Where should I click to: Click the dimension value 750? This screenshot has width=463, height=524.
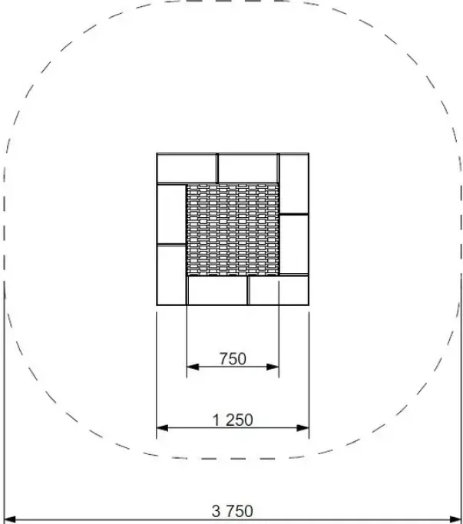click(x=233, y=358)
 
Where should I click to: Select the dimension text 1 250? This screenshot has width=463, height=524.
click(x=233, y=420)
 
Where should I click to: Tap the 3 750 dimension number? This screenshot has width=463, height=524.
click(x=233, y=511)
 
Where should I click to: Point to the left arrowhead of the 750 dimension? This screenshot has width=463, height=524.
click(x=193, y=367)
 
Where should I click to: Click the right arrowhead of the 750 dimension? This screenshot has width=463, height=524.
click(x=273, y=367)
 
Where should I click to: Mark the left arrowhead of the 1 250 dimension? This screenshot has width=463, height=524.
click(x=163, y=428)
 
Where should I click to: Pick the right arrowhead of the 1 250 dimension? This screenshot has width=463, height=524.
click(x=303, y=428)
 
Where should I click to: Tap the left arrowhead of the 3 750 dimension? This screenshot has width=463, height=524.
click(x=10, y=519)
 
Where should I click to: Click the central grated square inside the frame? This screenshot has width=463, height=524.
click(x=233, y=229)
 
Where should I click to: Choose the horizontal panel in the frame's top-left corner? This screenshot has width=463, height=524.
click(x=187, y=168)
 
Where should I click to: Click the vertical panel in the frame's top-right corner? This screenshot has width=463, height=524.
click(x=294, y=183)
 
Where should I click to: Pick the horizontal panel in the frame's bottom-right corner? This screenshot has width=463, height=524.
click(x=278, y=291)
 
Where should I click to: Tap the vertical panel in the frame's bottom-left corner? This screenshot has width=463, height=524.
click(x=171, y=275)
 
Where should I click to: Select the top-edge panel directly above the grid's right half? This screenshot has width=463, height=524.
click(x=248, y=168)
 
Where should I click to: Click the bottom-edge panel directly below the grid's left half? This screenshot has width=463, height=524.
click(x=217, y=291)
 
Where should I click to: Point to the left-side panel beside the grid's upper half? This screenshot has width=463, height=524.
click(x=171, y=214)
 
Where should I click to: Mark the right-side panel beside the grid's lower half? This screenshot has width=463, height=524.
click(x=294, y=244)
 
